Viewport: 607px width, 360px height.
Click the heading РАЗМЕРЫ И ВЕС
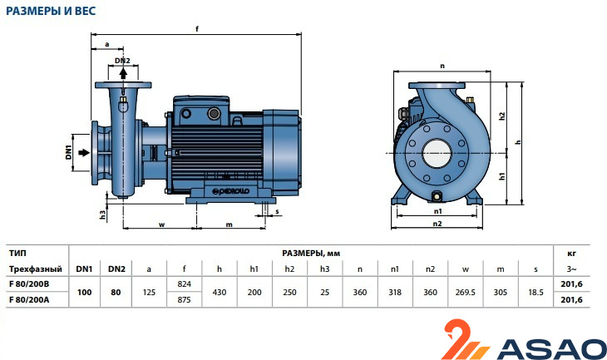tap(51, 11)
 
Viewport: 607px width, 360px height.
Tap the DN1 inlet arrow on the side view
tap(84, 152)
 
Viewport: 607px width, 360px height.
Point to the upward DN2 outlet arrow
tap(123, 73)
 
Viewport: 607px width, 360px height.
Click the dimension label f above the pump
tap(197, 28)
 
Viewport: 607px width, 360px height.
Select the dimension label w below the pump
tap(162, 224)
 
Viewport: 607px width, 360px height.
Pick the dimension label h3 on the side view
tap(102, 215)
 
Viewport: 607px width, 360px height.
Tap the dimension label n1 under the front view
tap(438, 211)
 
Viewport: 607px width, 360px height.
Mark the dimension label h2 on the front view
tap(502, 116)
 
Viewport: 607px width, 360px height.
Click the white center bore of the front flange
tap(437, 153)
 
